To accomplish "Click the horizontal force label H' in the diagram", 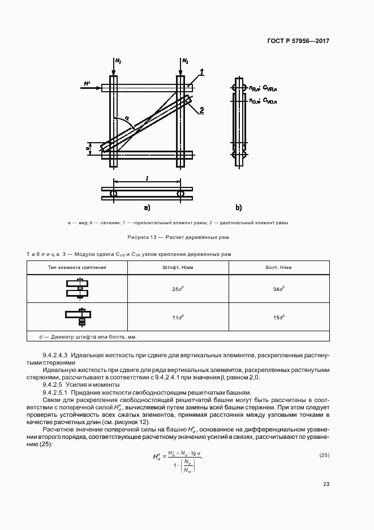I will coord(87,84).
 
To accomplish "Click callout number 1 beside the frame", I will coord(202,72).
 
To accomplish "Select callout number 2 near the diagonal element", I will coord(202,110).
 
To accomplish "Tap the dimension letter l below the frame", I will coord(147,178).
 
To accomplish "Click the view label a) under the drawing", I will coord(147,207).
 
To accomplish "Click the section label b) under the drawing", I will coord(239,207).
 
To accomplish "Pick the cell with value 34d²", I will coord(278,289).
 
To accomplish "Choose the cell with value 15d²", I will coord(278,317).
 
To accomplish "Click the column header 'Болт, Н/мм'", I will coord(278,266).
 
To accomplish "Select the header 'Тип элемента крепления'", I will coord(78,266).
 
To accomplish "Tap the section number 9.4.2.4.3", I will coord(56,355).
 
